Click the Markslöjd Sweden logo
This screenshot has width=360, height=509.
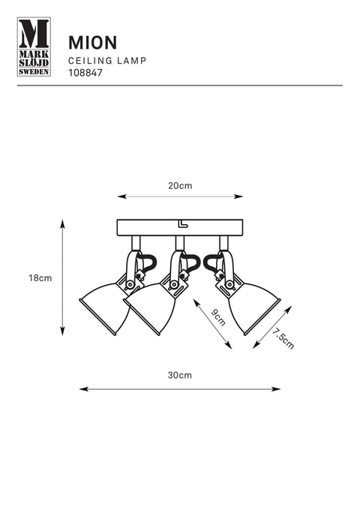coord(34,46)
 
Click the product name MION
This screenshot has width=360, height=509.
coord(92,43)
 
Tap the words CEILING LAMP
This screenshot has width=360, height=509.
coord(107,61)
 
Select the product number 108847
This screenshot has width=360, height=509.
coord(85,73)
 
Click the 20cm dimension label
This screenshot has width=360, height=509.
coord(180,186)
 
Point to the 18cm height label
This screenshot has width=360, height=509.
coord(40,278)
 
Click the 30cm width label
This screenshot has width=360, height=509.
coord(180,375)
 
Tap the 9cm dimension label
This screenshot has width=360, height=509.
coord(218,318)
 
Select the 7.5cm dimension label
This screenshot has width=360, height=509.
coord(283,338)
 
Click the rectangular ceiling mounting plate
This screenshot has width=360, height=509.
coord(180,228)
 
